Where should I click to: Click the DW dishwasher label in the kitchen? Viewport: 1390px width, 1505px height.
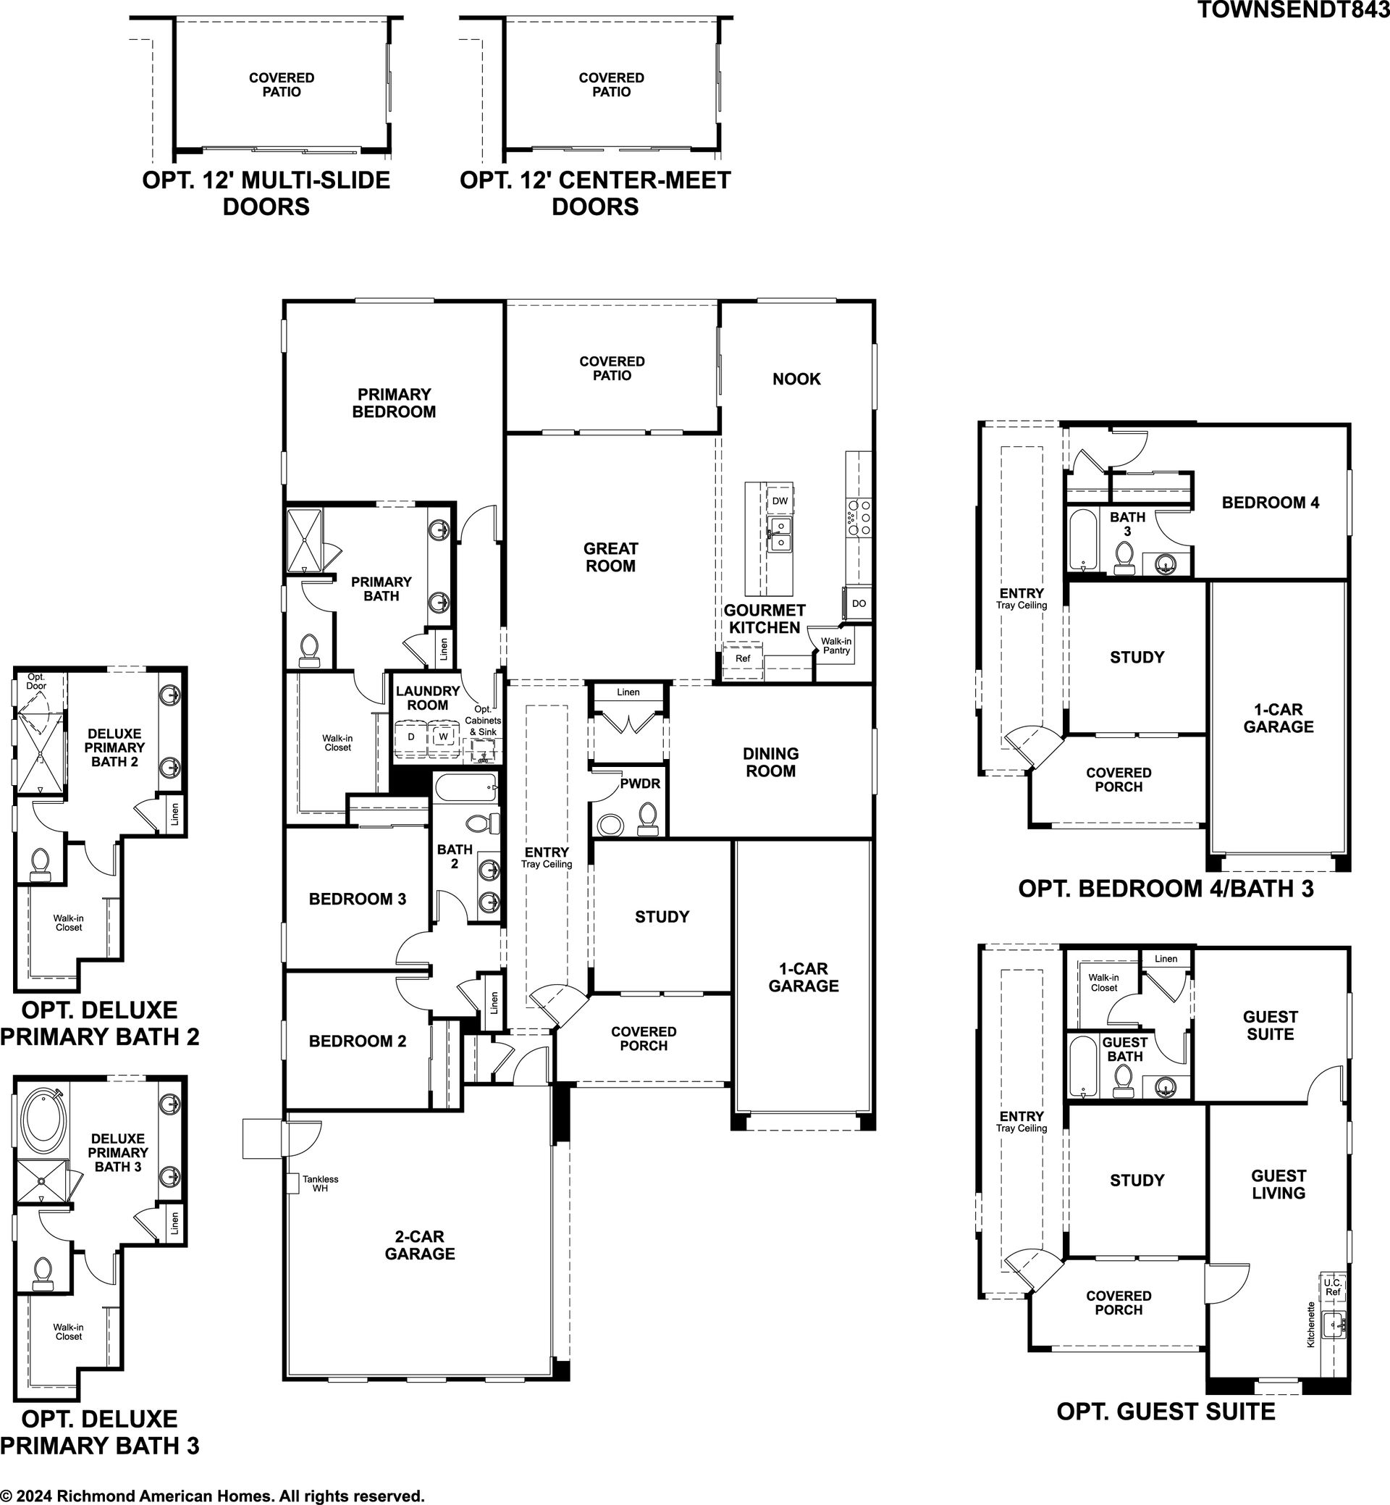pyautogui.click(x=780, y=500)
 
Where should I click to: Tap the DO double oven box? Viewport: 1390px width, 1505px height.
pyautogui.click(x=859, y=603)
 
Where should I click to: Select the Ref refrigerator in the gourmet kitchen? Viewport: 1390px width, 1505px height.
pyautogui.click(x=742, y=658)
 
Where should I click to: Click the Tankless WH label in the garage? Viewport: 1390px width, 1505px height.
pyautogui.click(x=321, y=1183)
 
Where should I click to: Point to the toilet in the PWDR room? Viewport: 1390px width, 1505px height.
pyautogui.click(x=647, y=818)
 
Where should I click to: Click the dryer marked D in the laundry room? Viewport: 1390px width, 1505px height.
pyautogui.click(x=410, y=737)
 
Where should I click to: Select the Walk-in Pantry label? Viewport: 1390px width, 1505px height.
pyautogui.click(x=836, y=645)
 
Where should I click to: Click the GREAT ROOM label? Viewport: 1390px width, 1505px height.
pyautogui.click(x=611, y=557)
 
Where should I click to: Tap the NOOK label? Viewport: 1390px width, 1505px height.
pyautogui.click(x=796, y=379)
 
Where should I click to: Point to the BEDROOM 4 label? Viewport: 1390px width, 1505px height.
pyautogui.click(x=1271, y=502)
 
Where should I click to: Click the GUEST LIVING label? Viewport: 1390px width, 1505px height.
pyautogui.click(x=1279, y=1183)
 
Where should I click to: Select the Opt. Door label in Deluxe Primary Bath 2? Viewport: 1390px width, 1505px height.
pyautogui.click(x=36, y=681)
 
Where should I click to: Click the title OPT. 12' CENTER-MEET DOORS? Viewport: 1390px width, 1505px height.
pyautogui.click(x=595, y=193)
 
